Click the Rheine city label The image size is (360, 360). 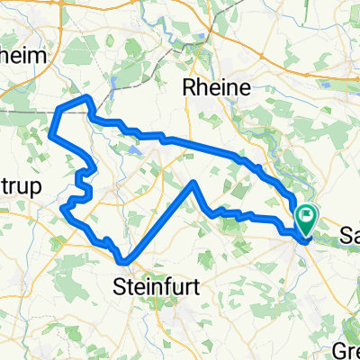coord(221,88)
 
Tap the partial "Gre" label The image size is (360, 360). coord(346,349)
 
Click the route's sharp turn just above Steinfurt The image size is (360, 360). coord(127,261)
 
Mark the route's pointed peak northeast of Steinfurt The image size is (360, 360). coord(193,183)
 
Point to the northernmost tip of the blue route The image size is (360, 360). coord(86,96)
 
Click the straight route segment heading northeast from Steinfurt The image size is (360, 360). coord(162,220)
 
